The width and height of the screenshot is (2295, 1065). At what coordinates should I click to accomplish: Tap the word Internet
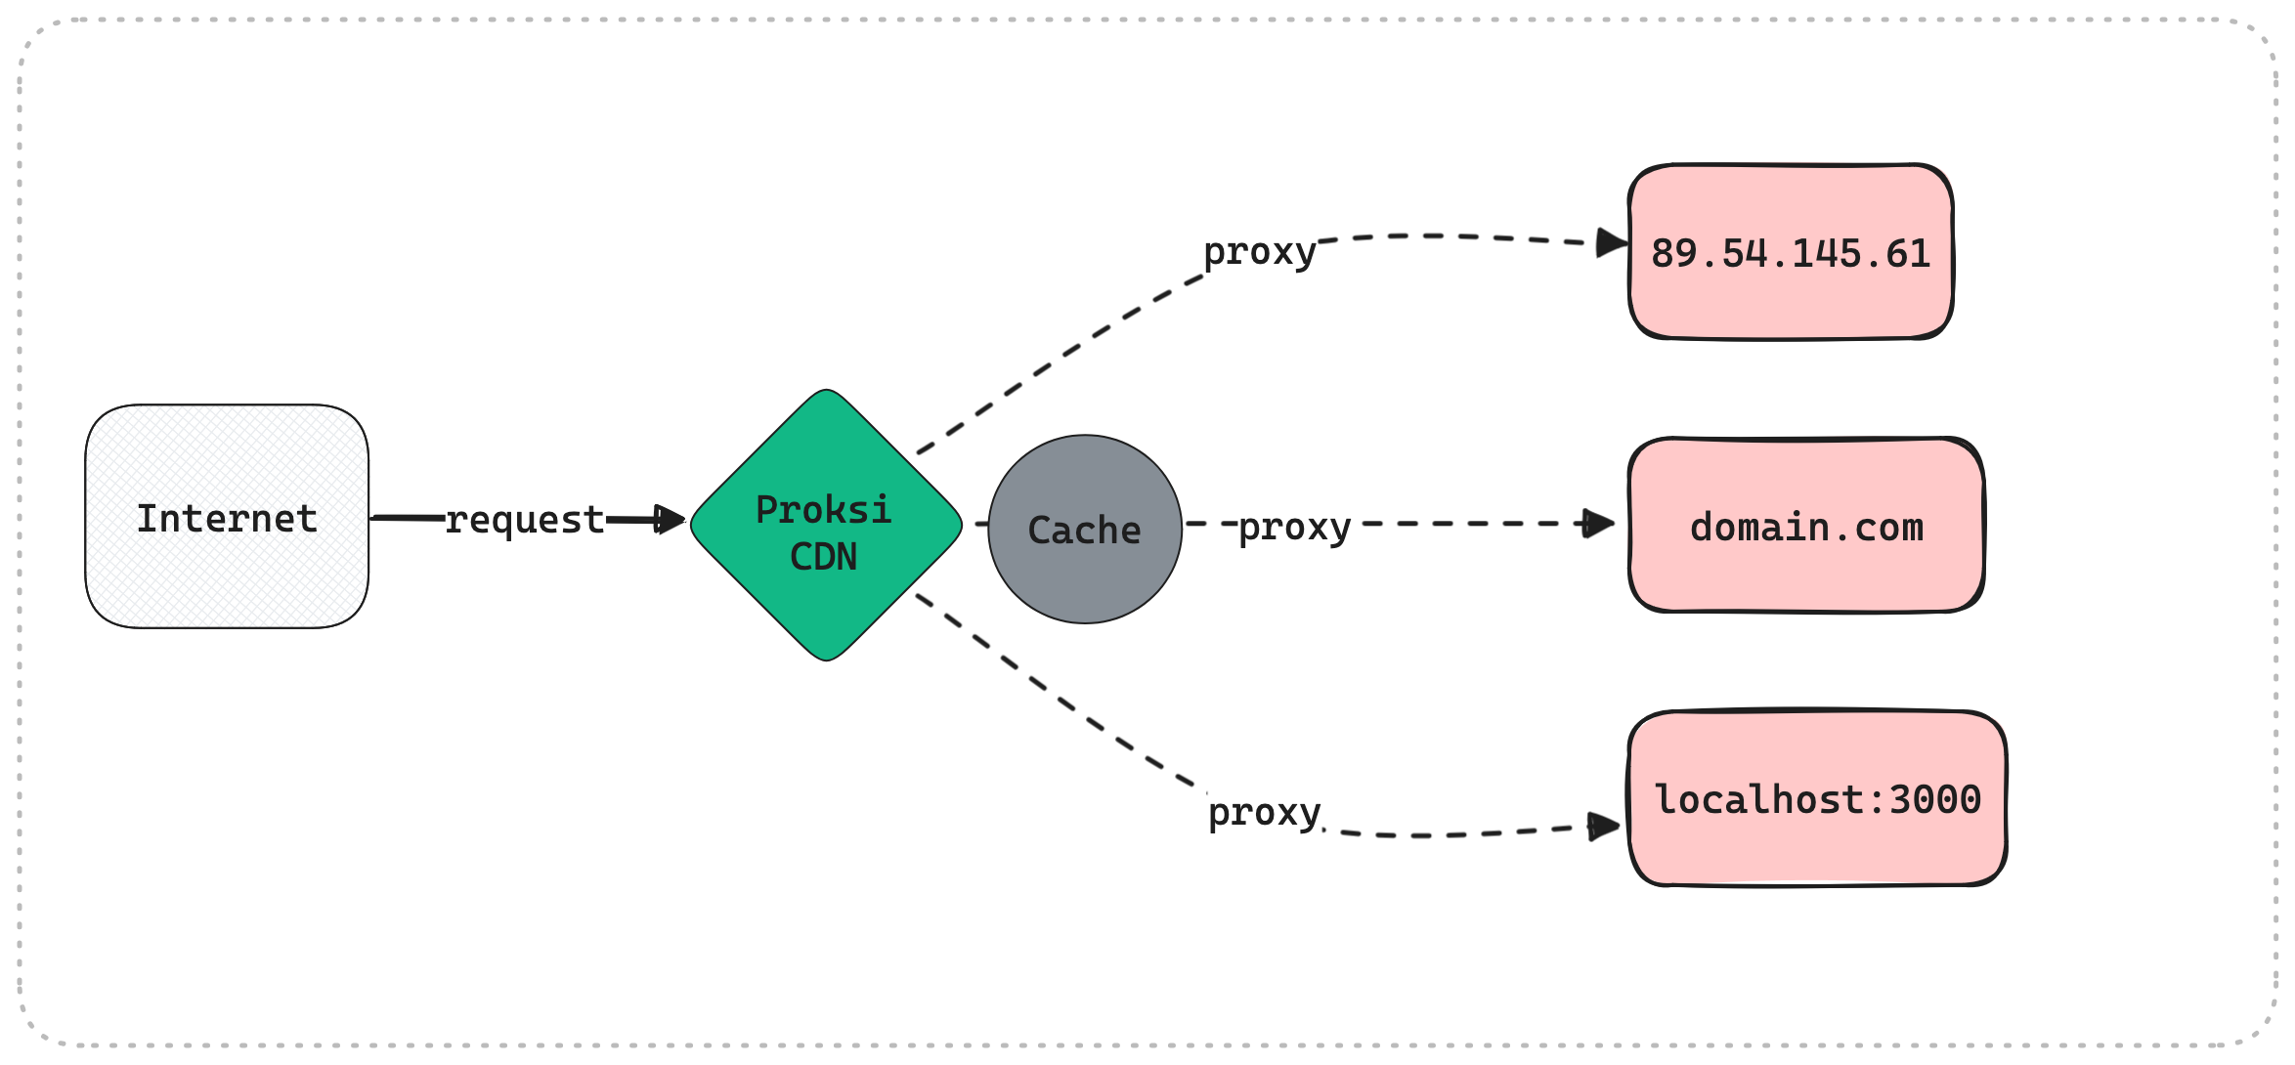(x=227, y=519)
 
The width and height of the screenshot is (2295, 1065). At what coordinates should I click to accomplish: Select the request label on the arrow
(x=525, y=520)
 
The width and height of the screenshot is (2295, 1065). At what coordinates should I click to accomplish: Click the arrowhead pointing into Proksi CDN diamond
(x=671, y=519)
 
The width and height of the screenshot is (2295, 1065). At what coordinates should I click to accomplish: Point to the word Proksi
(x=824, y=510)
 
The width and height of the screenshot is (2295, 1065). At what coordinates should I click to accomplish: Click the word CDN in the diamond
(x=824, y=557)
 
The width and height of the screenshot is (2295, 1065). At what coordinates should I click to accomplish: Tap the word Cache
(x=1085, y=531)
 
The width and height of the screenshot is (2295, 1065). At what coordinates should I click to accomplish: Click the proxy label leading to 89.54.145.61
(x=1260, y=252)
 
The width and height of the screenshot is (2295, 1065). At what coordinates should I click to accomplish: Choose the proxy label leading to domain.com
(x=1295, y=528)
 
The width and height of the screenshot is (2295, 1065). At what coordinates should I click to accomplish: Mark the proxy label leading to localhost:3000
(x=1265, y=813)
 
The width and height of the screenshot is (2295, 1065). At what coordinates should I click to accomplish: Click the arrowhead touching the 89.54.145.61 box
(x=1612, y=242)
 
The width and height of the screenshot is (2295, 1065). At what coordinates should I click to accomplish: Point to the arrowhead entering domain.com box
(x=1598, y=524)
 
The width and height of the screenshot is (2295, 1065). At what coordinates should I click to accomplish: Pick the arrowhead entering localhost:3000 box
(x=1604, y=827)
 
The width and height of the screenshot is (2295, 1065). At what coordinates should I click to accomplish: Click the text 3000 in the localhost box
(x=1934, y=800)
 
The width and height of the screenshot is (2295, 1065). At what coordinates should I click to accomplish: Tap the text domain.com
(x=1806, y=528)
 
